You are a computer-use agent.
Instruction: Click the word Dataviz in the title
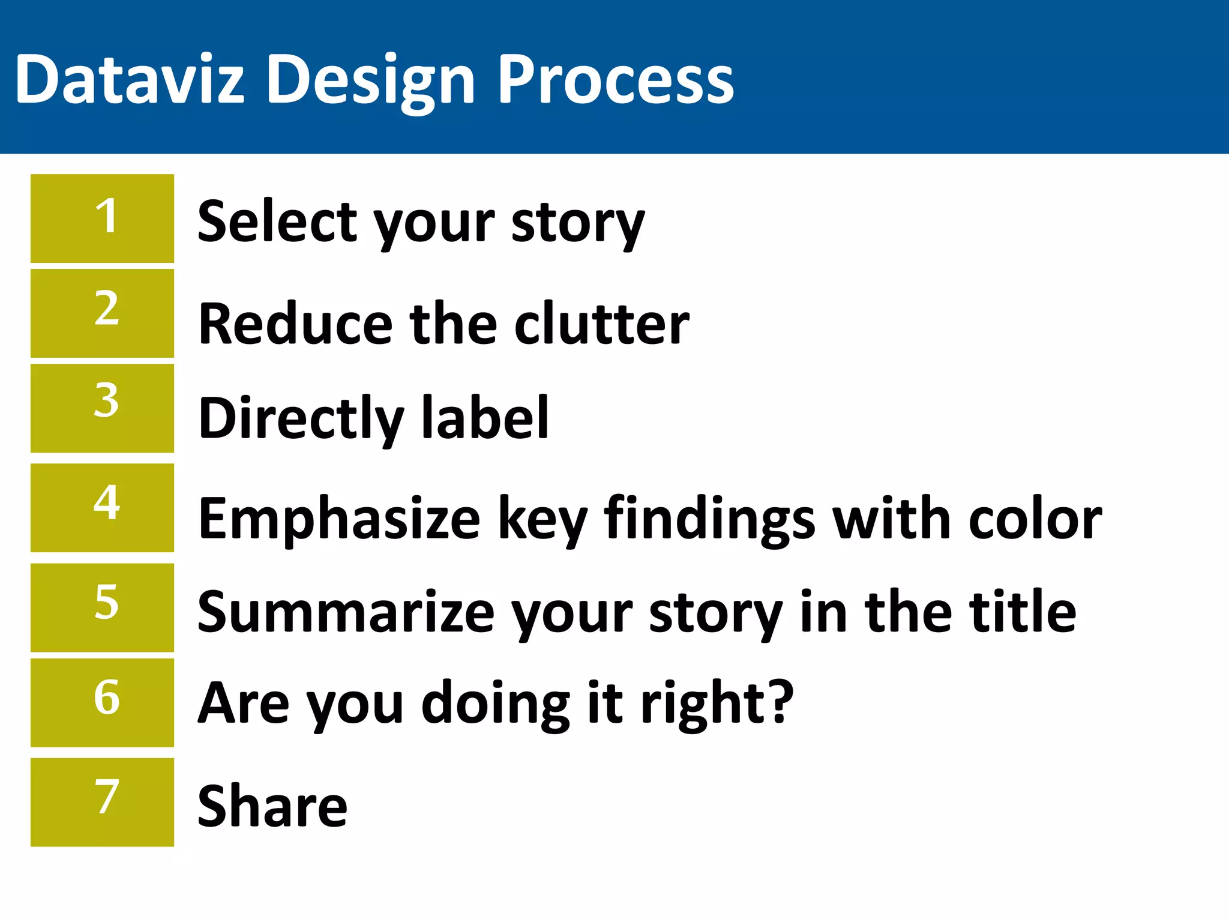[130, 79]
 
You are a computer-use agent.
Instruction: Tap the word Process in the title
[616, 79]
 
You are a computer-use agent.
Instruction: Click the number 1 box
[103, 218]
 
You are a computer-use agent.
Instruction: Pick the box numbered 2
[103, 313]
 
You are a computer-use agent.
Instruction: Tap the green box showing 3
[103, 408]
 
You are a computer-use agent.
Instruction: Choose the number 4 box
[103, 508]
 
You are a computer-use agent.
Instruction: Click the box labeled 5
[103, 607]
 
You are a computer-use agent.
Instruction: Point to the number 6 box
[103, 703]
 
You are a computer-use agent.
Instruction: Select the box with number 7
[103, 803]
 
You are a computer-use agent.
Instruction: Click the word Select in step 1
[278, 221]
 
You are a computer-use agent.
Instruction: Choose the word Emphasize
[340, 519]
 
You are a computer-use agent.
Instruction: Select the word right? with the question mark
[718, 704]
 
